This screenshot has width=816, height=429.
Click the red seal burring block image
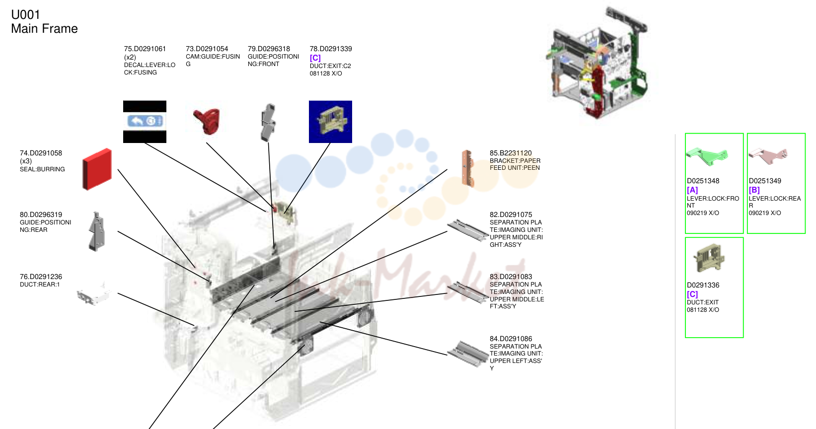[97, 169]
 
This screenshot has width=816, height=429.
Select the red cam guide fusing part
[207, 121]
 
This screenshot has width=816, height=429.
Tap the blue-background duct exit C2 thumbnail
[330, 122]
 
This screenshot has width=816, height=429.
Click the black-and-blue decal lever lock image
[145, 122]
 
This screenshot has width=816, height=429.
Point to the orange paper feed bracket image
[467, 168]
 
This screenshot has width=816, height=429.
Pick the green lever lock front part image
[707, 156]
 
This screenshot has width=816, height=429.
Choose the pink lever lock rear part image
[768, 156]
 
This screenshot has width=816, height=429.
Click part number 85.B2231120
[511, 153]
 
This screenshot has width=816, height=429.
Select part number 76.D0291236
[41, 277]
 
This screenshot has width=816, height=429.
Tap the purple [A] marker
[692, 190]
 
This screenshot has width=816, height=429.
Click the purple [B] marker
[754, 190]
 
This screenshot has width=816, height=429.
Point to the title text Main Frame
[44, 28]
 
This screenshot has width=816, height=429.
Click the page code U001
[25, 14]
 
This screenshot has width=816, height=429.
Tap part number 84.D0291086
[511, 339]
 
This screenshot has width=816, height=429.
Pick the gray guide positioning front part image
[269, 122]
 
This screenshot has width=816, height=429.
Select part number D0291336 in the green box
[703, 285]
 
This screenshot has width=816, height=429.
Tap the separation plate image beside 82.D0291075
[468, 230]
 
